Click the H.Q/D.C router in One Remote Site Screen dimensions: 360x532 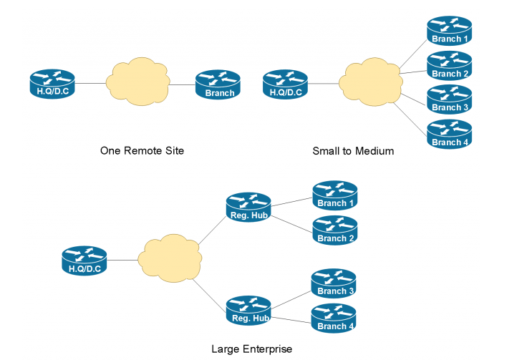pos(52,84)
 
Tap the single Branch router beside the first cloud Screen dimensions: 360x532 pos(217,84)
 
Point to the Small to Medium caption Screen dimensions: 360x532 pos(353,151)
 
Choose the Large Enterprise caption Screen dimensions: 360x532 pos(252,349)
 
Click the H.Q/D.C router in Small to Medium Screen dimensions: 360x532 pos(285,84)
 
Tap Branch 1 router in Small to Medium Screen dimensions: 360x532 pos(450,31)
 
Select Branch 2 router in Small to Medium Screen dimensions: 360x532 pos(450,65)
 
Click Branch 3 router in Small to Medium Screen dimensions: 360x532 pos(450,99)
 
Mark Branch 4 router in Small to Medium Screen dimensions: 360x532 pos(450,134)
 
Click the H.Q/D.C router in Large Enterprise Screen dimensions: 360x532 pos(84,261)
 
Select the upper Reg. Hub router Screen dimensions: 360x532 pos(248,208)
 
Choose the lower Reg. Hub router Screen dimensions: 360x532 pos(248,311)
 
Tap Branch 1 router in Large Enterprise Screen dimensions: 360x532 pos(334,195)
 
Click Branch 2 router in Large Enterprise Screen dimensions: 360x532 pos(334,230)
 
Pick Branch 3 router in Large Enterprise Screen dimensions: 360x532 pos(334,283)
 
